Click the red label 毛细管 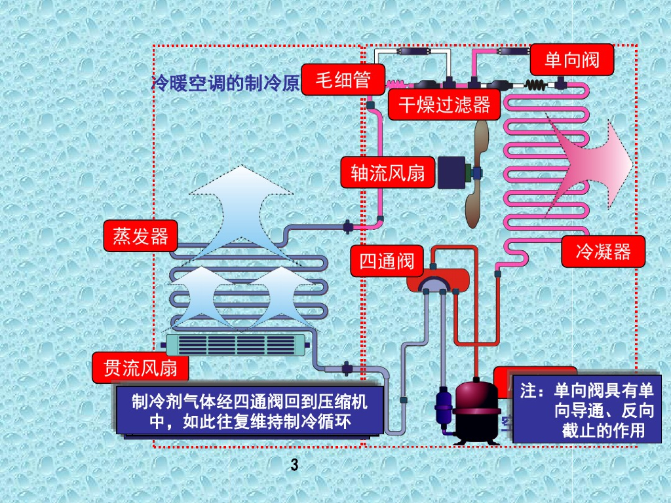click(343, 80)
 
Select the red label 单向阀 click(571, 60)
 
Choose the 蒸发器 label click(140, 236)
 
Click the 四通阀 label click(387, 261)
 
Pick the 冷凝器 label click(603, 251)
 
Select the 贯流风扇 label click(140, 369)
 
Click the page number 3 click(294, 466)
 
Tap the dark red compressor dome click(477, 399)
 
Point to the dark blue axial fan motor click(452, 174)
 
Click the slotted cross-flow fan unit click(237, 344)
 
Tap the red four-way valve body click(437, 278)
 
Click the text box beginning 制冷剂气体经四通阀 click(249, 411)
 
